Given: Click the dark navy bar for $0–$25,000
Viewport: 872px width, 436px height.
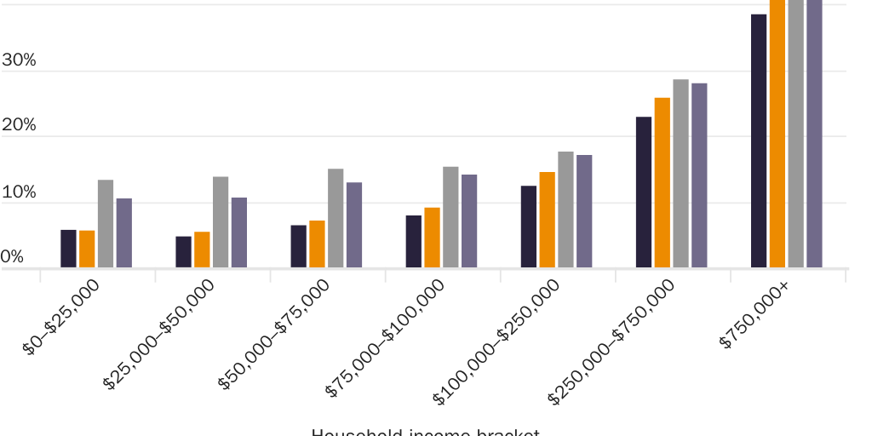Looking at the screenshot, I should [x=68, y=249].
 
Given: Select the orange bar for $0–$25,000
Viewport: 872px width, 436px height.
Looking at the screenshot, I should [x=87, y=249].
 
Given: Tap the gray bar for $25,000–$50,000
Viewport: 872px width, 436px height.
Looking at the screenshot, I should [x=221, y=222].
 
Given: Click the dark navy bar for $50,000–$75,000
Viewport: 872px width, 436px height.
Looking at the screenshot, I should [x=298, y=246].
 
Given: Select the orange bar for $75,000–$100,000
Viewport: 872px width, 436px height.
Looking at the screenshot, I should [x=432, y=238].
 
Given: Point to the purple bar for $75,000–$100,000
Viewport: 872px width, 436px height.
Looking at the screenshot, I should [x=469, y=221].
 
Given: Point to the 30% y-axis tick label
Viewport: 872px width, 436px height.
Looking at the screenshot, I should [x=19, y=60].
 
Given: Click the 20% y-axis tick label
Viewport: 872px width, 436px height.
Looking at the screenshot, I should [x=19, y=126].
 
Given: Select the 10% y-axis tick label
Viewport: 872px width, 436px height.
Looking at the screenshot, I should [x=19, y=192].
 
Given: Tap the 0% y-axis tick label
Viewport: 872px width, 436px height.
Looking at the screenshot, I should [x=13, y=257].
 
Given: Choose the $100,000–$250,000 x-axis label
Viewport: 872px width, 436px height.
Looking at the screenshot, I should [x=497, y=341].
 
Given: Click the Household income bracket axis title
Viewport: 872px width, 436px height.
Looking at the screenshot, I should [x=425, y=432].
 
